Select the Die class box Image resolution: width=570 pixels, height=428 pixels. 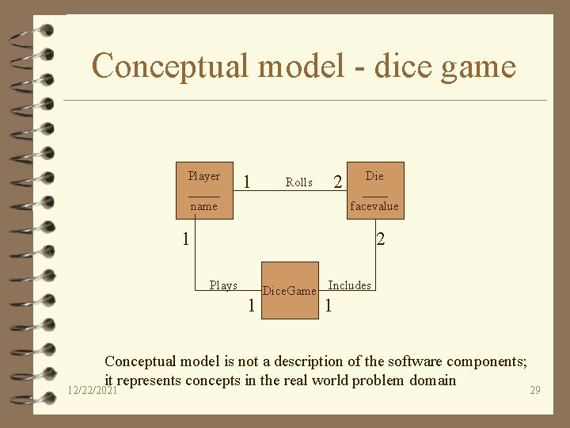(x=374, y=190)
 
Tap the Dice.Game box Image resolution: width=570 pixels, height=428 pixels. (x=290, y=290)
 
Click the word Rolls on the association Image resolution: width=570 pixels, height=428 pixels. (x=298, y=182)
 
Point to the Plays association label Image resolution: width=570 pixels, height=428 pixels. (x=223, y=285)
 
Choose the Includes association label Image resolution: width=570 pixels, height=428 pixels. (x=349, y=285)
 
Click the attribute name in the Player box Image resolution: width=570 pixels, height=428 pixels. (x=203, y=206)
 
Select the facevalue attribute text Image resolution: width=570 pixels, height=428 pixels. (x=374, y=206)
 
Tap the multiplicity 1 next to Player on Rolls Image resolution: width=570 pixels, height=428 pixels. (x=248, y=182)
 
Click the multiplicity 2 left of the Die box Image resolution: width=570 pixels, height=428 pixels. (x=338, y=183)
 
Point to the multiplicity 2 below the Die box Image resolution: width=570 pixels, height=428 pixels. (x=381, y=238)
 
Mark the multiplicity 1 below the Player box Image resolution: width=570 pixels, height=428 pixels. (x=184, y=238)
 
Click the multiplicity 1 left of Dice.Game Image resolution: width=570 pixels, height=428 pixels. (x=251, y=306)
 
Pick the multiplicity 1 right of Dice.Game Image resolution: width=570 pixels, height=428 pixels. (x=328, y=306)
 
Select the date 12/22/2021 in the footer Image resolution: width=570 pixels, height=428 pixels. (x=92, y=390)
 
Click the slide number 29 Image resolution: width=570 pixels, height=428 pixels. (x=535, y=391)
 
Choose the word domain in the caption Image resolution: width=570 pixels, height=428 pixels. (x=433, y=380)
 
